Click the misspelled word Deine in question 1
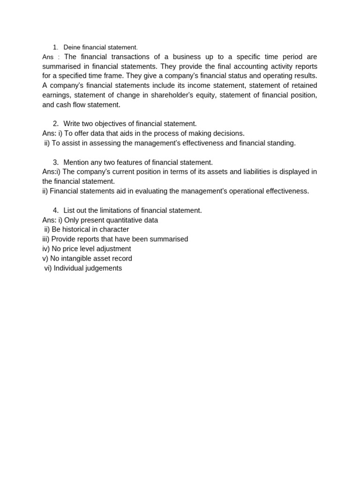72,47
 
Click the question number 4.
55,210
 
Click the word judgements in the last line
105,268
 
